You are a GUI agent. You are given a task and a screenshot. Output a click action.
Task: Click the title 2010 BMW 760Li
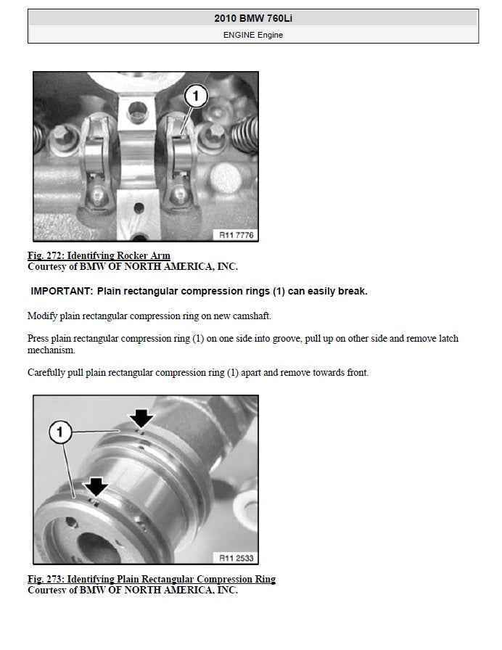(253, 18)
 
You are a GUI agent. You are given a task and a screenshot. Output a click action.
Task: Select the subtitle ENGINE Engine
(253, 35)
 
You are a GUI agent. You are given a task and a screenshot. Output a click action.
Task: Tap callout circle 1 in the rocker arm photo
(195, 96)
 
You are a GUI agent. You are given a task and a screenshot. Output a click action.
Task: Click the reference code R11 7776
(236, 235)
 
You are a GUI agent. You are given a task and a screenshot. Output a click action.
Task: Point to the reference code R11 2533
(236, 558)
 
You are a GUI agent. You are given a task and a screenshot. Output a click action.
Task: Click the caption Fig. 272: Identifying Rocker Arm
(99, 255)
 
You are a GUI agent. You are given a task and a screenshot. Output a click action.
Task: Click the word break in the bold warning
(353, 291)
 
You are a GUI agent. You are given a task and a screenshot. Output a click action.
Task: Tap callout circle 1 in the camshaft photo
(60, 432)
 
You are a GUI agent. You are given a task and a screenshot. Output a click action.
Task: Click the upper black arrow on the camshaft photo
(141, 419)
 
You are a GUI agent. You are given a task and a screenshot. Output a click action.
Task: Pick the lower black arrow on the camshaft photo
(96, 487)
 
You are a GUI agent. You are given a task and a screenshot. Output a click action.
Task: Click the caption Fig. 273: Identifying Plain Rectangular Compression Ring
(152, 579)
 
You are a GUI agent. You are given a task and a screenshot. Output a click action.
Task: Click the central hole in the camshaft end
(98, 548)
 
